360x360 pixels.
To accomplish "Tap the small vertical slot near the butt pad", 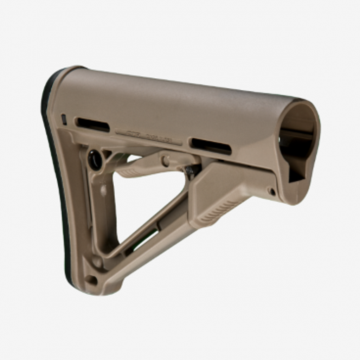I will [x=64, y=120].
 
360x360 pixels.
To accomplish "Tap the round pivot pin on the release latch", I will [x=165, y=161].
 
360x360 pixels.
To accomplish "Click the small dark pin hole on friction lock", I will [x=272, y=192].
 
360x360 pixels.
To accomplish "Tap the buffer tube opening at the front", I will [x=297, y=134].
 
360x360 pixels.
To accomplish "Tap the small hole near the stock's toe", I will [x=91, y=280].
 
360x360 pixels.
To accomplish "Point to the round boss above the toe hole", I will [x=97, y=262].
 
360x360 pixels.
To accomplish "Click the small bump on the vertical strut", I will [x=103, y=191].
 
